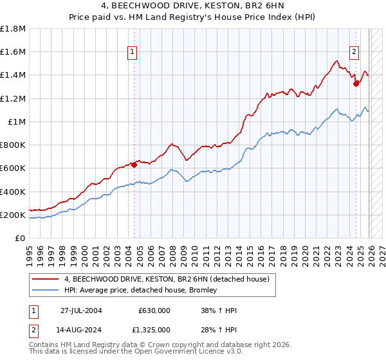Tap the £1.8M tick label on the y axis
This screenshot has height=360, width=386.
pyautogui.click(x=13, y=29)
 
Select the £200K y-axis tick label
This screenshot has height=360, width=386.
pyautogui.click(x=13, y=215)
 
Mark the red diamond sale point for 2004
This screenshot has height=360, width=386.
pyautogui.click(x=134, y=165)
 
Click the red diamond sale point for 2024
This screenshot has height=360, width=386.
pyautogui.click(x=356, y=83)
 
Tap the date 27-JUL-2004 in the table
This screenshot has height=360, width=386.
pyautogui.click(x=82, y=310)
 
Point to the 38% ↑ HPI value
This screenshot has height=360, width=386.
pyautogui.click(x=219, y=310)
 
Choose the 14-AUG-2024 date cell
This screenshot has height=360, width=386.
pyautogui.click(x=82, y=330)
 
